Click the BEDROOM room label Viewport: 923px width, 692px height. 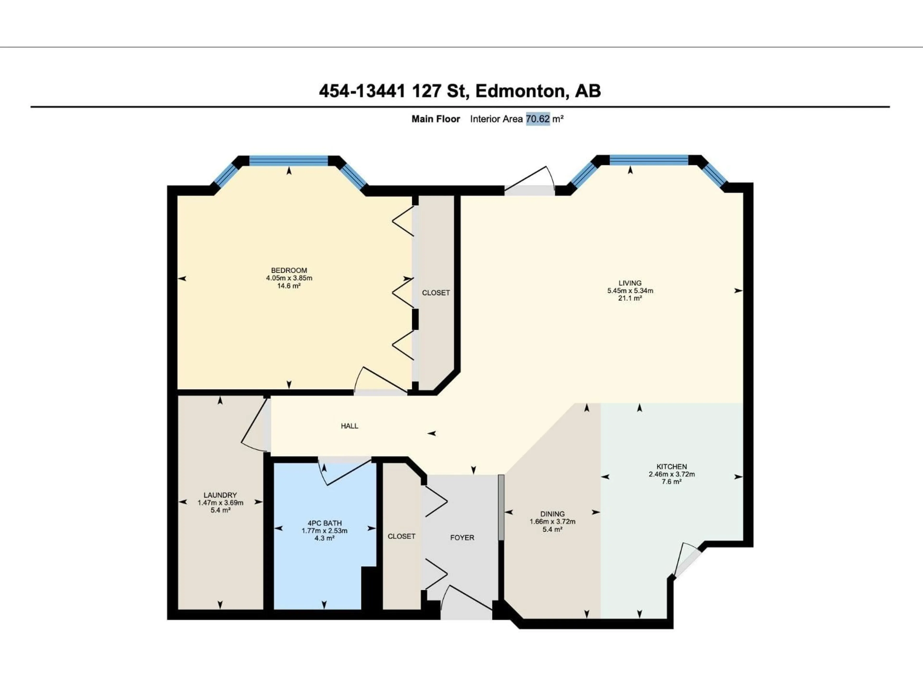coord(289,270)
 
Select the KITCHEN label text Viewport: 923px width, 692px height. coord(671,467)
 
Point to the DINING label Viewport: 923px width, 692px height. coord(552,514)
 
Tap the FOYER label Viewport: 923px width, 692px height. coord(462,538)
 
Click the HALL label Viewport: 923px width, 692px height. coord(349,426)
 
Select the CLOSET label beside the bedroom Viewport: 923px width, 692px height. coord(436,293)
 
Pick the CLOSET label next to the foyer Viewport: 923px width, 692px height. coord(401,536)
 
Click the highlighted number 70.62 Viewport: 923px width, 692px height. coord(537,119)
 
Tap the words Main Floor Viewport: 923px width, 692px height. coord(436,119)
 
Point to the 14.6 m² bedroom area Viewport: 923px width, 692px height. coord(289,286)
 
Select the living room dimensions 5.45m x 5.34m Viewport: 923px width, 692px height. coord(630,291)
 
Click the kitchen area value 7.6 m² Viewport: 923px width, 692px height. coord(671,482)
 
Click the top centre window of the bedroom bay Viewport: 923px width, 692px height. coord(288,161)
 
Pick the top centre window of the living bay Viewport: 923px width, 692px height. coord(649,160)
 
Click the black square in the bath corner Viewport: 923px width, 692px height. coord(368,588)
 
